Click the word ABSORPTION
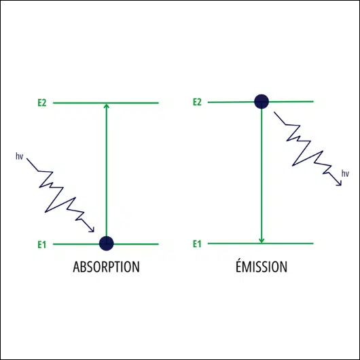click(106, 267)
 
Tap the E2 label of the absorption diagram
click(42, 103)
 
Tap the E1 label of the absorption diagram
click(42, 245)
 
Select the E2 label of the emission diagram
click(197, 102)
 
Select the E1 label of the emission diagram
click(197, 244)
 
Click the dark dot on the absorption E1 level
click(106, 243)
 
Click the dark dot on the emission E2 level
click(262, 101)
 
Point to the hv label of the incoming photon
click(19, 156)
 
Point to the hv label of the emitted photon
click(345, 174)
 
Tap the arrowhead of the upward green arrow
click(106, 105)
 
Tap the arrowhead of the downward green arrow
click(262, 240)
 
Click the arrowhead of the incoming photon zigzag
click(92, 230)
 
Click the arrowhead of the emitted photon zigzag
click(340, 183)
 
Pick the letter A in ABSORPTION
click(76, 267)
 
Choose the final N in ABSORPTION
click(137, 267)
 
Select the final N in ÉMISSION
click(284, 267)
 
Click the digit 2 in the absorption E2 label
click(44, 103)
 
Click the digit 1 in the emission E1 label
click(200, 244)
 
